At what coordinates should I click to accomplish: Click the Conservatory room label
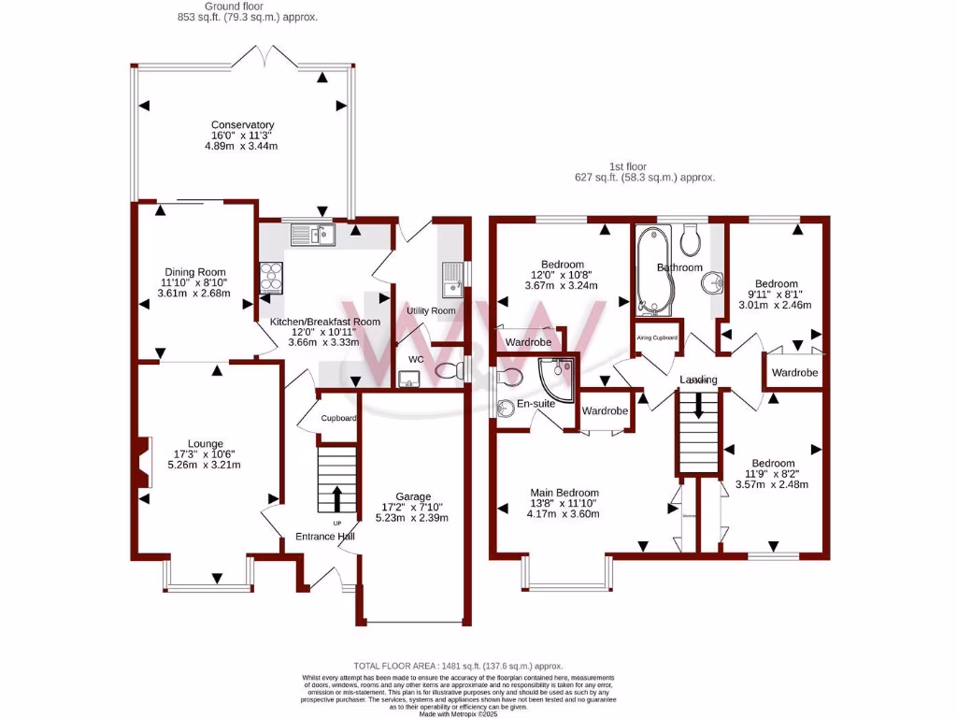click(242, 125)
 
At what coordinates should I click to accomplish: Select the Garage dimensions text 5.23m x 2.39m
click(412, 518)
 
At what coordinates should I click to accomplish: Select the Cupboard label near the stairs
click(338, 418)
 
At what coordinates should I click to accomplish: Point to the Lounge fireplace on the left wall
click(142, 464)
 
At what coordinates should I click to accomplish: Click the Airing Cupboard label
click(657, 337)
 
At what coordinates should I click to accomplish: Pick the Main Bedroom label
click(565, 493)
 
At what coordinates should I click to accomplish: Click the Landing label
click(698, 380)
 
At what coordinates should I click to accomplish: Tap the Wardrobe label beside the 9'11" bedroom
click(794, 373)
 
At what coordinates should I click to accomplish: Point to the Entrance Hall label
click(325, 537)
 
